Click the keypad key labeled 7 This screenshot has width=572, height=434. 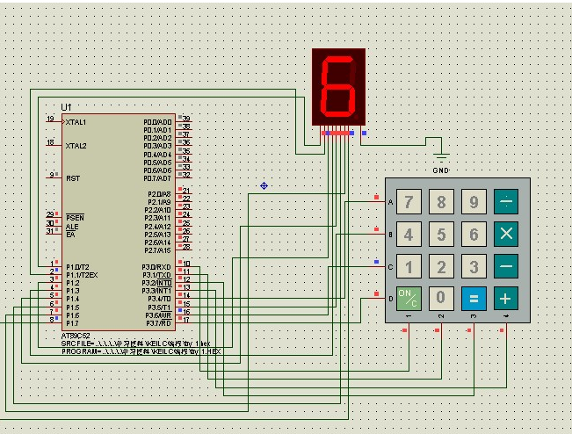tap(408, 202)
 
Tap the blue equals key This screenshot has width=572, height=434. tap(474, 297)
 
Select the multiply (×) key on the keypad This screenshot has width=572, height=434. tap(506, 234)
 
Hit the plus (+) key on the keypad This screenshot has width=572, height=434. tap(506, 297)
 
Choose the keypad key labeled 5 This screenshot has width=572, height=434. tap(441, 234)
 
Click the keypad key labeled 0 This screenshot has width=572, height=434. tap(441, 297)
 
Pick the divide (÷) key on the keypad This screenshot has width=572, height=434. tap(506, 202)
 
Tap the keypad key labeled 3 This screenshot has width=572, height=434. tap(474, 265)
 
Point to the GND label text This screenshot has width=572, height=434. tap(442, 170)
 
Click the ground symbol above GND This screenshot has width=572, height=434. tap(442, 156)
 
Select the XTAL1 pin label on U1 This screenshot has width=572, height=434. tap(76, 121)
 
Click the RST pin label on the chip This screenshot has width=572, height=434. tap(73, 177)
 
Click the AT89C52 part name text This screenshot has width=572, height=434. tap(77, 335)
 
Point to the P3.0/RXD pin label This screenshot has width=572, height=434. tap(156, 266)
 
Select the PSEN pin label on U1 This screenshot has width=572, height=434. tap(75, 217)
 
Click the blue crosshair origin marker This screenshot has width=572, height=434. tap(264, 185)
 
